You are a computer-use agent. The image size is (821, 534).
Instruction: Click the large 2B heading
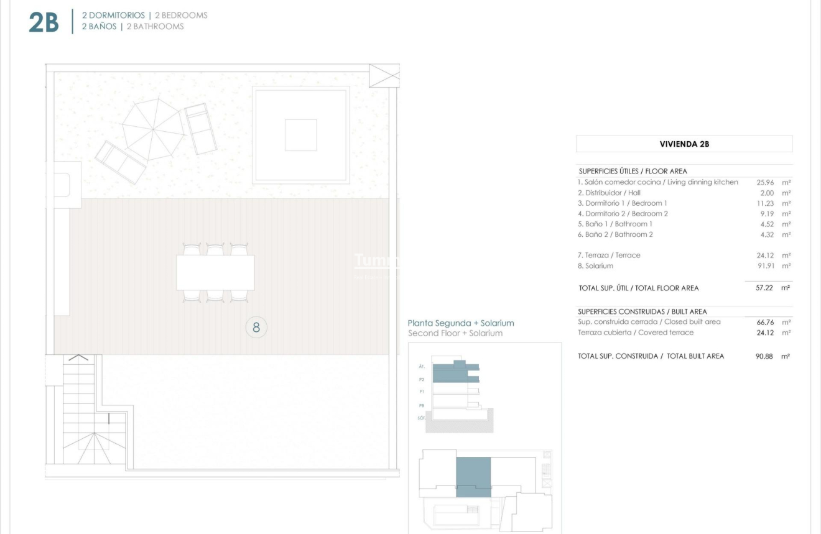pos(44,22)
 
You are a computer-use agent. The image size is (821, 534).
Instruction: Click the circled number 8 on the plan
pos(256,327)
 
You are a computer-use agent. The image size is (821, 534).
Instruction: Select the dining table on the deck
pos(215,272)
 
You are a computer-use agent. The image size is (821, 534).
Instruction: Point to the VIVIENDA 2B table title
pos(684,144)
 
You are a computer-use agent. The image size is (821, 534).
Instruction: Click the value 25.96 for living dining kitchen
pos(764,183)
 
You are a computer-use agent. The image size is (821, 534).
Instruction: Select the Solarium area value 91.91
pos(764,266)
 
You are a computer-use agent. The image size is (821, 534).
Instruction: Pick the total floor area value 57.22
pos(764,288)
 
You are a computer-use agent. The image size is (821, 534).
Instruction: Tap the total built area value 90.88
pos(764,357)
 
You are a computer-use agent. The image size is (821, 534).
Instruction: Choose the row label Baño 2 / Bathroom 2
pos(615,235)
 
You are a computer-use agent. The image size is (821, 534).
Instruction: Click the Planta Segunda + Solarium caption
pos(461,323)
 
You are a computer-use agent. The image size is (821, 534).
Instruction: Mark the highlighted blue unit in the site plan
pos(473,476)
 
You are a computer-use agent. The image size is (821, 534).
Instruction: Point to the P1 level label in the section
pos(422,392)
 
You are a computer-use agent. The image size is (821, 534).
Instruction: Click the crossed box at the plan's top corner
pos(384,75)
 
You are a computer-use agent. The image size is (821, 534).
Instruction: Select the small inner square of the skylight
pos(300,135)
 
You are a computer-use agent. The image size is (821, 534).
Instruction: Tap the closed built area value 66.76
pos(764,322)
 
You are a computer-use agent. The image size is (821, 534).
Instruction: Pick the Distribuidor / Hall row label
pos(609,193)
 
